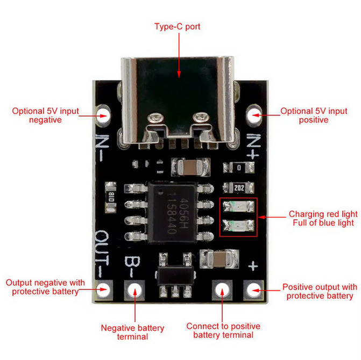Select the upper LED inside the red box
coord(238,206)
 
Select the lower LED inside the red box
coord(238,226)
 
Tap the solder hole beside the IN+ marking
coord(254,114)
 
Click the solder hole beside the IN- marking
coord(103,114)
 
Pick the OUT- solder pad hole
coord(103,290)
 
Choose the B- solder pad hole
coord(135,290)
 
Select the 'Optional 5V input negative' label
coord(46,115)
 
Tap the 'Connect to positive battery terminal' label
coord(223,330)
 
